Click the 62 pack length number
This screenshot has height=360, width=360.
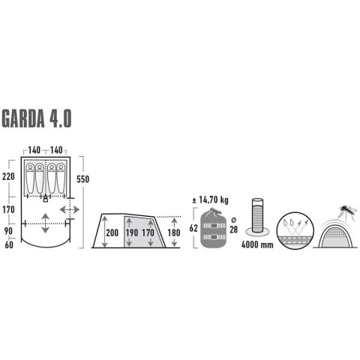[195, 227]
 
